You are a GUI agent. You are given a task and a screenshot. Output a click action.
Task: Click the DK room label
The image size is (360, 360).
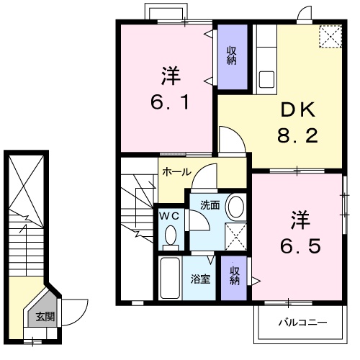[x=297, y=110]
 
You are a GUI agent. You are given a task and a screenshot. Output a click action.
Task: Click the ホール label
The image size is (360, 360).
[x=176, y=173]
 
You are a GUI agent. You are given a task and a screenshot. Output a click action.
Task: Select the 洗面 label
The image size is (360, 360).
[x=210, y=205]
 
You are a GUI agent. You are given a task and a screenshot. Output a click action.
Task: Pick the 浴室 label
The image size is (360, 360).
[x=201, y=279]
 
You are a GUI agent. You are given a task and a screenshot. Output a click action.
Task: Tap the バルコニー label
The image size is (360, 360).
[x=302, y=322]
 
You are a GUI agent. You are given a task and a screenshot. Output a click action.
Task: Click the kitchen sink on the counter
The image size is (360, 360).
[x=264, y=77]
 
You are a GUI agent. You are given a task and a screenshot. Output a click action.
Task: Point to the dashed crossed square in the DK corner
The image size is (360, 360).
[x=330, y=36]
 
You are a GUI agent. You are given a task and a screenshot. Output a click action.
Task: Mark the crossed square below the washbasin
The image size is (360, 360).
[x=235, y=235]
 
